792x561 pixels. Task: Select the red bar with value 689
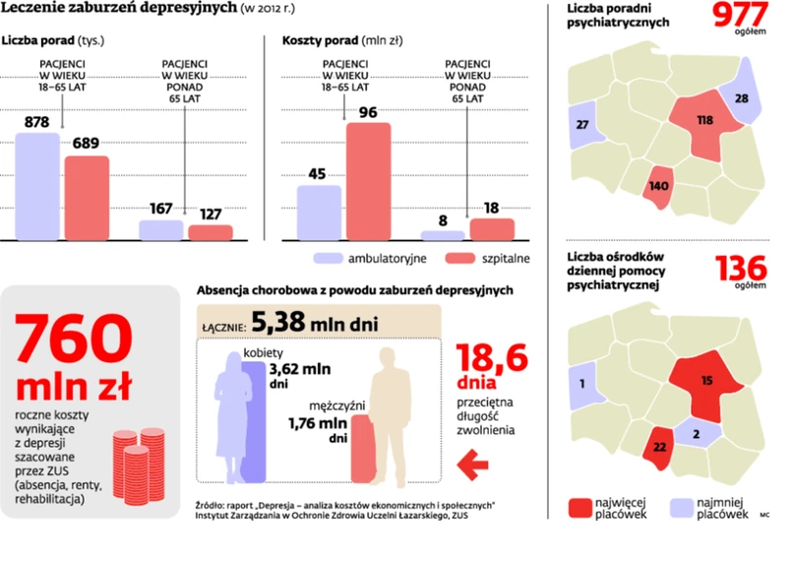click(87, 197)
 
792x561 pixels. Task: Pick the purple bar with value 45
click(319, 212)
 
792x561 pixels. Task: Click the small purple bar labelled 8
click(442, 235)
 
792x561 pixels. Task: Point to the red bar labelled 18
click(492, 228)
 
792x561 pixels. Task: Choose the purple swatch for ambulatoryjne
click(328, 258)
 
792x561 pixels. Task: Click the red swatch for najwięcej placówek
click(580, 508)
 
